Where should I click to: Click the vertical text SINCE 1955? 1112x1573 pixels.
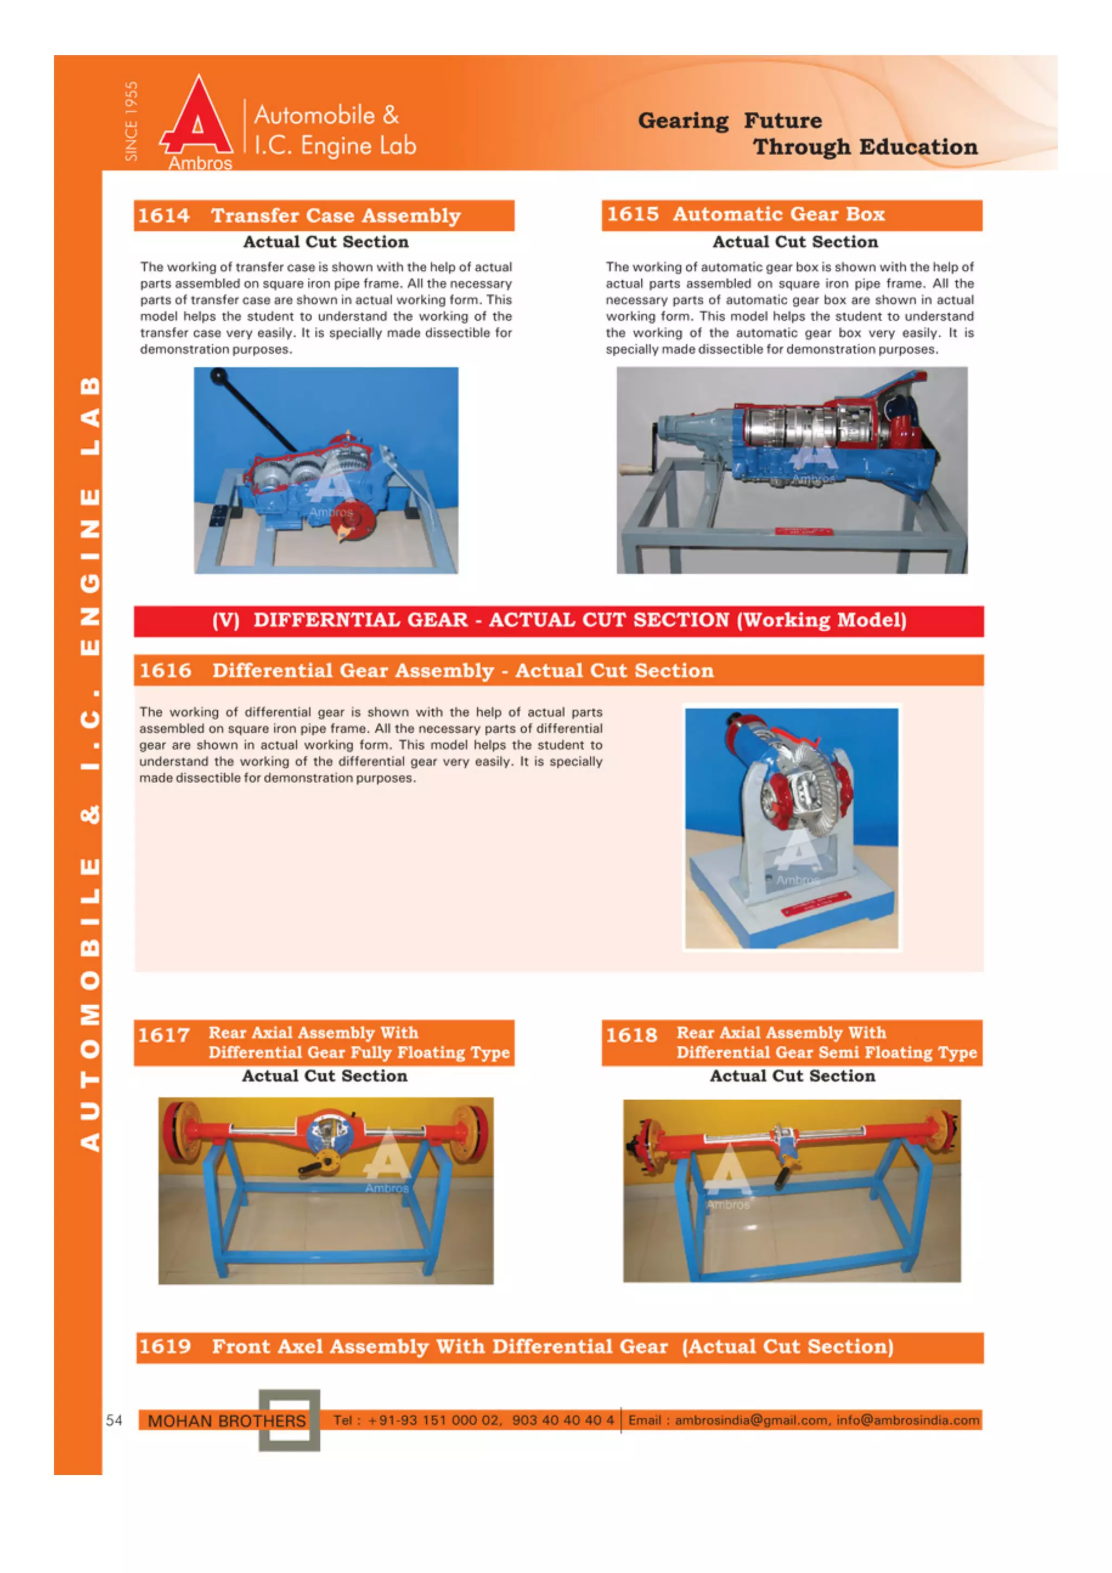coord(131,121)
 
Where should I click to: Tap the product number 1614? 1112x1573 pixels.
coord(164,216)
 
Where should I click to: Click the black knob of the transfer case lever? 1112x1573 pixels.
coord(219,376)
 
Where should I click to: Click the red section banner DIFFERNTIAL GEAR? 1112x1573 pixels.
coord(558,621)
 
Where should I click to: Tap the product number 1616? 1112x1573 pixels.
coord(165,671)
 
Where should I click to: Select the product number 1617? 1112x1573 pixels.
coord(164,1035)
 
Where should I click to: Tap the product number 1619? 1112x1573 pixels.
coord(165,1347)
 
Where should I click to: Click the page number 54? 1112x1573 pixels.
coord(113,1420)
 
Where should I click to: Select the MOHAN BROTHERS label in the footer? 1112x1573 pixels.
coord(226,1421)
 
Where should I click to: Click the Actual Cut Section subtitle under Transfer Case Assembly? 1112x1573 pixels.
coord(325,242)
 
